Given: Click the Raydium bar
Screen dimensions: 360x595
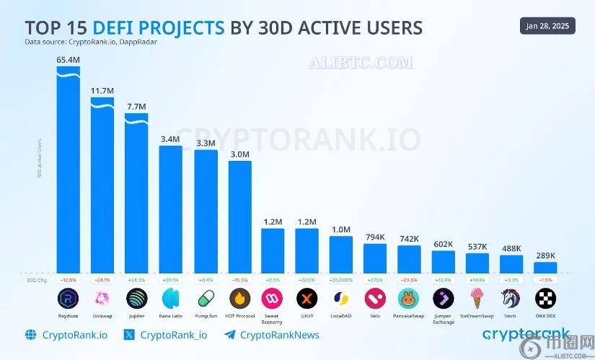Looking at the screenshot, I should [68, 173].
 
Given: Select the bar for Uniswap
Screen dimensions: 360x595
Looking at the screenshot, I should [102, 188].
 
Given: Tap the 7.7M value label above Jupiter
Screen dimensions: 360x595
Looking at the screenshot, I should [136, 107].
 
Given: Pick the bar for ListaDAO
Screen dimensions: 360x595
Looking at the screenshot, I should [340, 254].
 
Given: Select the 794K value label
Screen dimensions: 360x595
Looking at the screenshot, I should [374, 237].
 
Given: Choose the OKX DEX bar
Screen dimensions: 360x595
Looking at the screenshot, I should [545, 267].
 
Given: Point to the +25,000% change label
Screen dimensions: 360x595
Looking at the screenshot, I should [340, 279].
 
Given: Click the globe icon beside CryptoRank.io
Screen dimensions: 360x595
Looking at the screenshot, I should [30, 335].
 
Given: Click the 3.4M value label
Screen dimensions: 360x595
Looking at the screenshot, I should [171, 139].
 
